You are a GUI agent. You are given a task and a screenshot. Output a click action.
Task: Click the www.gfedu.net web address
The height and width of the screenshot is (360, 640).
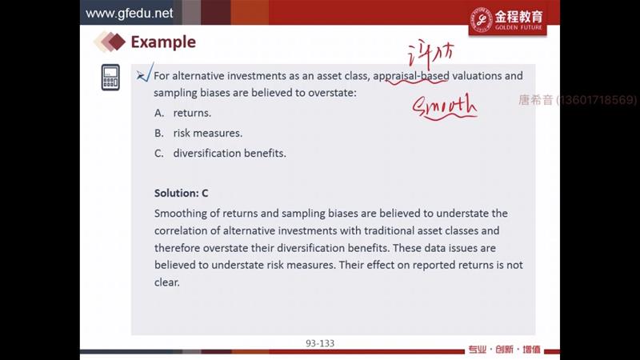129,13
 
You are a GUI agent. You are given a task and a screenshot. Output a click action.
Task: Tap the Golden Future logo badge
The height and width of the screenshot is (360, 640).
507,21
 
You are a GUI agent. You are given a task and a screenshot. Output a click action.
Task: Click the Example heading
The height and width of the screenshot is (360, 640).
163,42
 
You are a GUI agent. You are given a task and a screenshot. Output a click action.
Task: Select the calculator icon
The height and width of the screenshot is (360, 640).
110,77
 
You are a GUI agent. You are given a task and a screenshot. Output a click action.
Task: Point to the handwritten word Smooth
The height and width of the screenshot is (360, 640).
445,107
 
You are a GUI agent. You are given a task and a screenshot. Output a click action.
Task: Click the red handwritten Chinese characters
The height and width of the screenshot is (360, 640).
430,54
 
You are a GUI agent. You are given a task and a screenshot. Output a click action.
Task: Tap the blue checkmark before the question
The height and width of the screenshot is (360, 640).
145,73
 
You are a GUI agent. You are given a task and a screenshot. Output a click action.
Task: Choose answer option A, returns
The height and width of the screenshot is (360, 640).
183,113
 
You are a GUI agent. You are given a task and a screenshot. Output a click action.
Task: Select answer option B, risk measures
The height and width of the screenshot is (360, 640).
198,133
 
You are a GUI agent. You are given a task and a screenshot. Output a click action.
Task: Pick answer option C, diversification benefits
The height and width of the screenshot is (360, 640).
221,153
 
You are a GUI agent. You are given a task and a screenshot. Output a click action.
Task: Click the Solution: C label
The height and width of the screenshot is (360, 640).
182,193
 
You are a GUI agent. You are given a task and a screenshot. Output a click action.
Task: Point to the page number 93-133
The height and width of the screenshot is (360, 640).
320,343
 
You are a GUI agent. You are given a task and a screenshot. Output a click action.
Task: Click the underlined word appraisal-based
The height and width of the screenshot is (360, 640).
411,76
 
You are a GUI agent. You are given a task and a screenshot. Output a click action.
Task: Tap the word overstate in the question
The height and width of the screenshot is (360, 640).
331,93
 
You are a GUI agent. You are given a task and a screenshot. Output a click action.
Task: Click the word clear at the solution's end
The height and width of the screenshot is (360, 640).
167,282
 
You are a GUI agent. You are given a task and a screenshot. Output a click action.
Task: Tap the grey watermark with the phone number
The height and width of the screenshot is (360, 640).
578,100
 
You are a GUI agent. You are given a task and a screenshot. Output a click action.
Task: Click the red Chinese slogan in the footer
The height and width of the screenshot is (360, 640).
504,350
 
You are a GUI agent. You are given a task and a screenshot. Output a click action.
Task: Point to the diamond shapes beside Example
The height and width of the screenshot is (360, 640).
110,42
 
